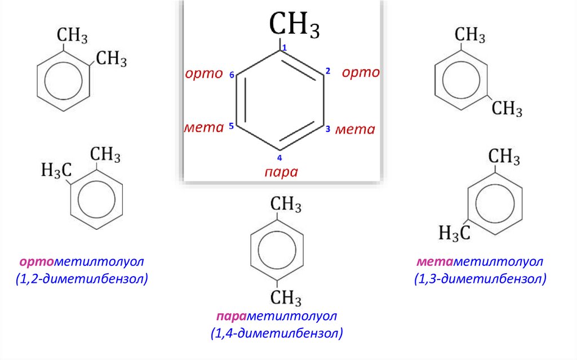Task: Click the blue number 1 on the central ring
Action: pyautogui.click(x=285, y=48)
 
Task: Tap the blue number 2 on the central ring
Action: pyautogui.click(x=327, y=71)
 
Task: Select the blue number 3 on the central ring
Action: pyautogui.click(x=327, y=129)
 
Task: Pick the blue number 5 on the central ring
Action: pyautogui.click(x=232, y=127)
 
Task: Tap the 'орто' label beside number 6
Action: pyautogui.click(x=204, y=74)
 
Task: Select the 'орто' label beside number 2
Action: pyautogui.click(x=361, y=73)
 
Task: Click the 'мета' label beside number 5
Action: pyautogui.click(x=203, y=128)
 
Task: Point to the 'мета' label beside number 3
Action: pyautogui.click(x=355, y=130)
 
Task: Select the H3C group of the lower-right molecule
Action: pyautogui.click(x=455, y=232)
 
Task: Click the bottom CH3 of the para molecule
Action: pyautogui.click(x=287, y=297)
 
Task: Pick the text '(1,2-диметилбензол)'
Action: pyautogui.click(x=82, y=278)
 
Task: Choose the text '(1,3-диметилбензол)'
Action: pyautogui.click(x=480, y=278)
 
